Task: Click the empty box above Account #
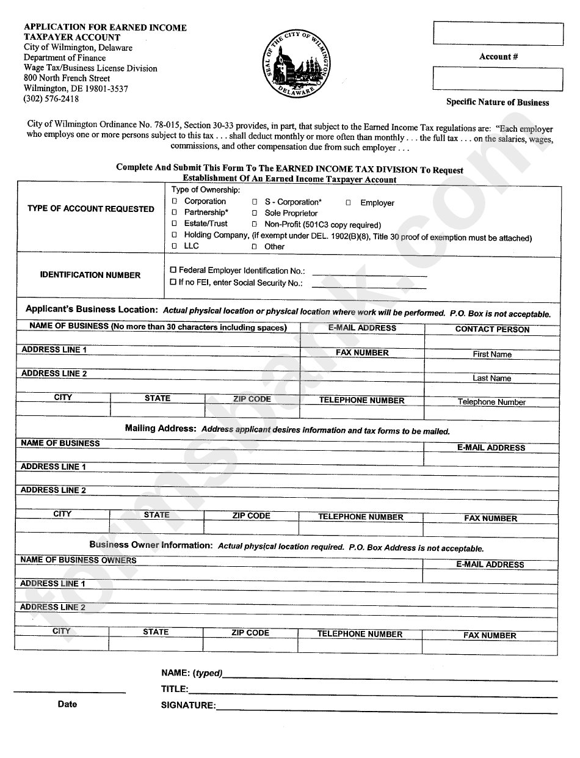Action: pos(498,34)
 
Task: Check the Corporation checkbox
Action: pos(175,201)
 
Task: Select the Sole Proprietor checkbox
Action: pos(255,213)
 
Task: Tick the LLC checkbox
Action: pos(175,246)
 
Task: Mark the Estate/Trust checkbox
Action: pos(175,224)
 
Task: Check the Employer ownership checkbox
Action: pos(348,203)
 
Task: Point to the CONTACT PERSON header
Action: pos(492,329)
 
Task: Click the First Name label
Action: pos(492,354)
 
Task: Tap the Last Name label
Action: pos(491,378)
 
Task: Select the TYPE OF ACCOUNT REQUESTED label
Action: pos(91,209)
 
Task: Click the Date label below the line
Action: pos(67,704)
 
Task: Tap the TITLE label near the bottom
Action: pos(175,689)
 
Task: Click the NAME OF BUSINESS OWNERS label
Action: pos(78,560)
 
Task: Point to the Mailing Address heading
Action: pos(161,429)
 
